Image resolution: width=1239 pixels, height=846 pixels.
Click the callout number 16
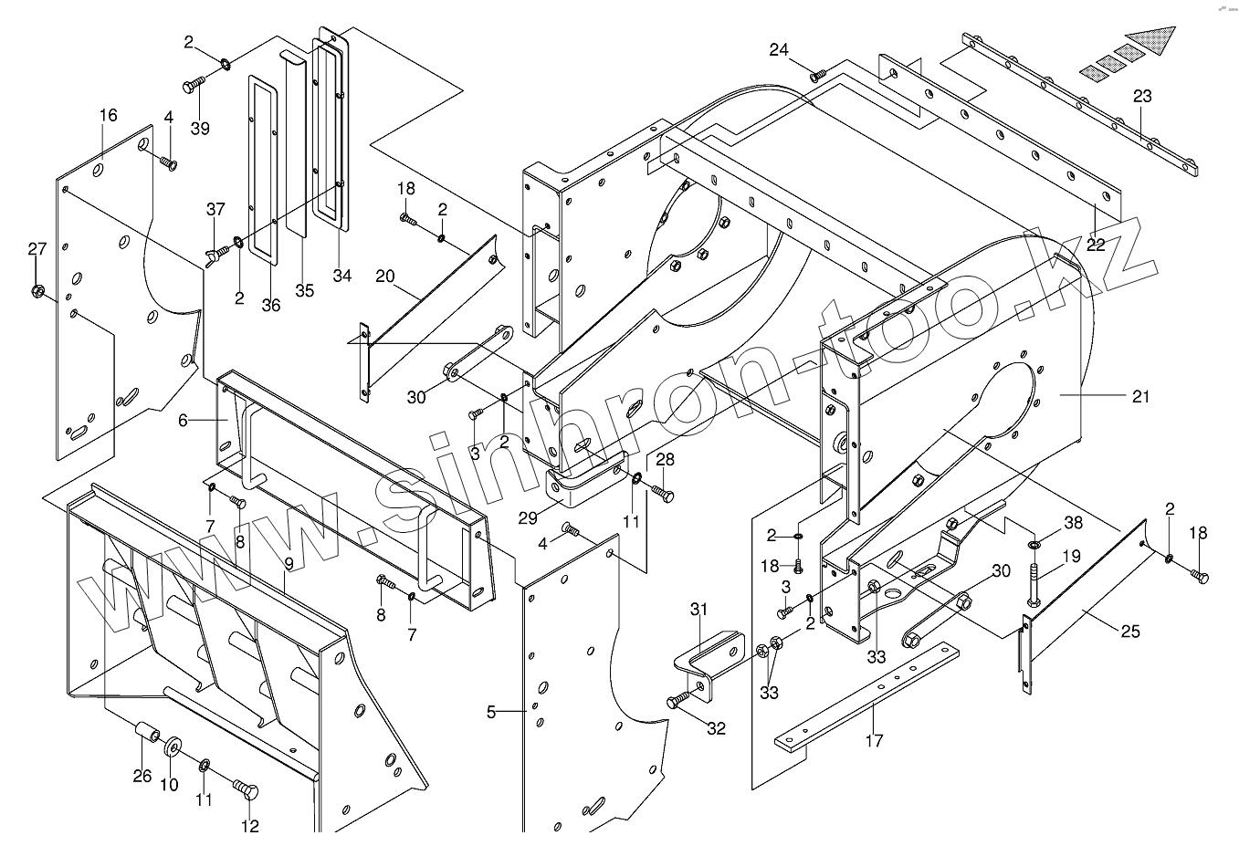click(109, 115)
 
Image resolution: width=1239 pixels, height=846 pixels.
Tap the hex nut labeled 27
click(38, 292)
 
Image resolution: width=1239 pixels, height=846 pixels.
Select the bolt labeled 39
click(193, 85)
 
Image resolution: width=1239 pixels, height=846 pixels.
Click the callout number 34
click(341, 276)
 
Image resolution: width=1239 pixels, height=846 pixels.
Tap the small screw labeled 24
click(818, 73)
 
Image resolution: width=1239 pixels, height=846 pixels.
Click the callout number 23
click(1142, 96)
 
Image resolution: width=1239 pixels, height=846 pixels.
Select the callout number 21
click(1140, 396)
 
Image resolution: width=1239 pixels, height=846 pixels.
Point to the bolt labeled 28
click(663, 492)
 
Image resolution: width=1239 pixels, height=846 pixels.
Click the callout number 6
click(183, 420)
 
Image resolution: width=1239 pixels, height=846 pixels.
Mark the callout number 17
click(874, 740)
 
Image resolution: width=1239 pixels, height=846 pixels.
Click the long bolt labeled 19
click(1034, 584)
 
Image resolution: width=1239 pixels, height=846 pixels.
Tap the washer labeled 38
click(1034, 545)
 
